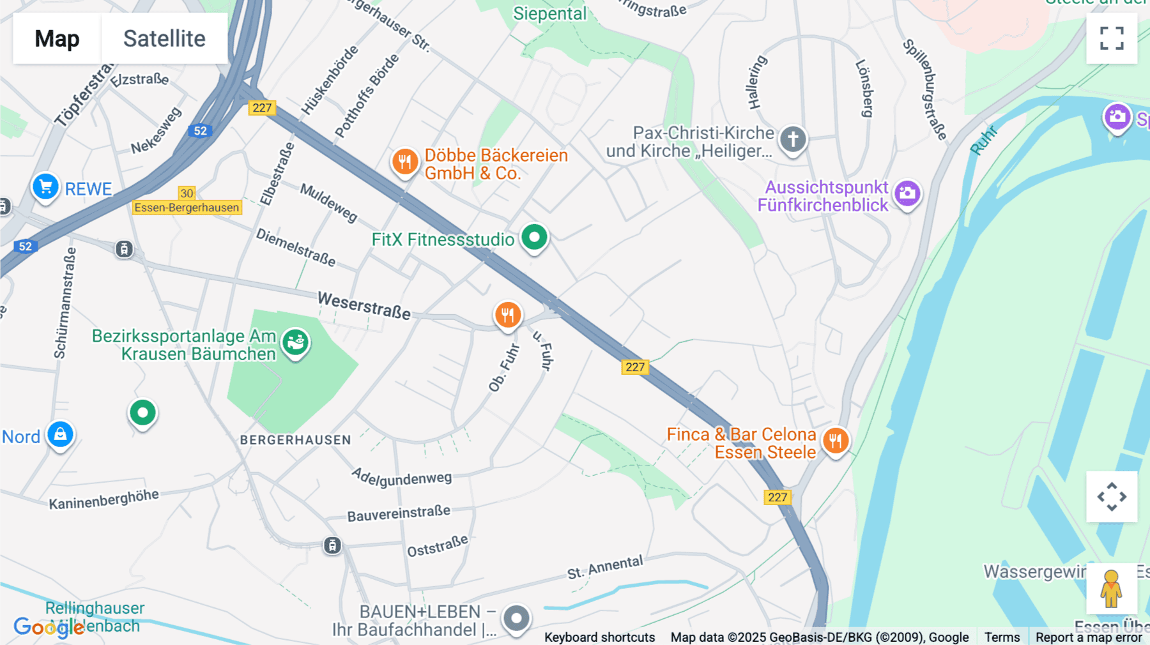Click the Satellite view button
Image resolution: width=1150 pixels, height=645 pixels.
(164, 38)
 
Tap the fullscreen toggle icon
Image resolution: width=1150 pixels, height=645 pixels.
(1112, 38)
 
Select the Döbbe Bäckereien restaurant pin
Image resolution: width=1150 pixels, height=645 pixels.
(405, 162)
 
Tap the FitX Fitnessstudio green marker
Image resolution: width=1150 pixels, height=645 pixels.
(534, 238)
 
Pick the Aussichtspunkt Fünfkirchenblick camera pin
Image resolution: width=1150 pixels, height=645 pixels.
(907, 193)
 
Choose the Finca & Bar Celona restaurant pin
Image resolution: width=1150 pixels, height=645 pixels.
(835, 441)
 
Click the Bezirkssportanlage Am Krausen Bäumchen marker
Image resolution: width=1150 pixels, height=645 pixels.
(295, 343)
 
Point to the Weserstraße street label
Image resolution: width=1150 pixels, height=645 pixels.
(364, 305)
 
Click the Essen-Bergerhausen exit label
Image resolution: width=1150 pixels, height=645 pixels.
(187, 208)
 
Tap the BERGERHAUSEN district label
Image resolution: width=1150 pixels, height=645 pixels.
(295, 440)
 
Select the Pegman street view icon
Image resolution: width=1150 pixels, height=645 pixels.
(1111, 589)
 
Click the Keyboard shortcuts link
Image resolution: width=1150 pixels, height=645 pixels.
(599, 637)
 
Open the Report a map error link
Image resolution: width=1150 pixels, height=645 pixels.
(1088, 637)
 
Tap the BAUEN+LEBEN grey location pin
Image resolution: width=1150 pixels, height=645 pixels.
(516, 618)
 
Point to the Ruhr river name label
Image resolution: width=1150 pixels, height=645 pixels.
(983, 140)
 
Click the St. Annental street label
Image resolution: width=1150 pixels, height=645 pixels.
(605, 567)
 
